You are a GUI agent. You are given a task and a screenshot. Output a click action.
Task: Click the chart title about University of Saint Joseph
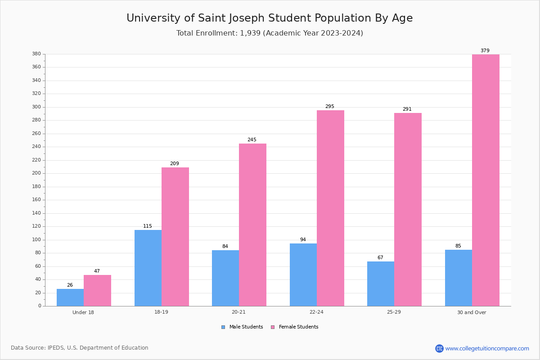pos(269,18)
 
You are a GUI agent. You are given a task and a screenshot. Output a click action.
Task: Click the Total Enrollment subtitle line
pos(269,33)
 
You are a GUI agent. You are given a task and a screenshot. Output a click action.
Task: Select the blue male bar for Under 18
pos(70,297)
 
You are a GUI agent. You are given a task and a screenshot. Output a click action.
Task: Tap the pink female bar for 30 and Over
pos(486,180)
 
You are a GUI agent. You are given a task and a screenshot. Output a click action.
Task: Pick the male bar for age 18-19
pos(148,268)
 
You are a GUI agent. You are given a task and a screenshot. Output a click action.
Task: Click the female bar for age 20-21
pos(252,225)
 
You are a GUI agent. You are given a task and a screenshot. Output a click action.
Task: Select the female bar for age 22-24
pos(330,208)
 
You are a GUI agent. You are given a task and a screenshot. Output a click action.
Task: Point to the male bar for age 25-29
pos(381,283)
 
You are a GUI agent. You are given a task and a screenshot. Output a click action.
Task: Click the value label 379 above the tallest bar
pos(485,51)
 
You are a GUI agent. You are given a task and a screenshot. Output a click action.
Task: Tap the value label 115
pos(148,226)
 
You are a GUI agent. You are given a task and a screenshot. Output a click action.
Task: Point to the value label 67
pos(380,258)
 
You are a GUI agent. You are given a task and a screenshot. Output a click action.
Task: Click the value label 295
pos(330,107)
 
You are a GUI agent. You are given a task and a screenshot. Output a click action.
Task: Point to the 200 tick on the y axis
pos(36,173)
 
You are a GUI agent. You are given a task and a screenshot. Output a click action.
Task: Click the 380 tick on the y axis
pos(36,54)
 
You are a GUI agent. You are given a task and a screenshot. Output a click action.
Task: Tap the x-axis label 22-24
pos(316,312)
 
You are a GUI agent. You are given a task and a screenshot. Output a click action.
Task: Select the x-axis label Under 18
pos(83,312)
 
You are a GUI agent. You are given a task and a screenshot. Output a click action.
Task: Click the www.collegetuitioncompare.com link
pos(487,348)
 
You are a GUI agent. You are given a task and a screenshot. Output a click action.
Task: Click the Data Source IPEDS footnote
pos(80,348)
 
